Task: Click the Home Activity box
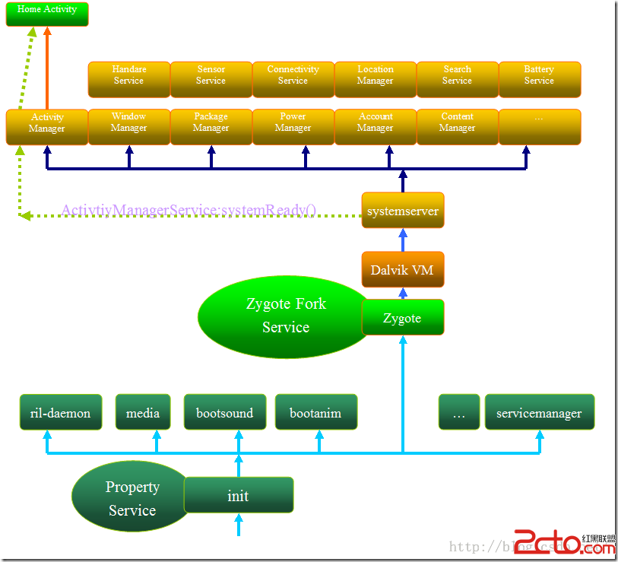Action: pos(47,14)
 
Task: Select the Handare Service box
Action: pos(128,79)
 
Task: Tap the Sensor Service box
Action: pos(211,79)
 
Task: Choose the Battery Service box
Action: pos(539,79)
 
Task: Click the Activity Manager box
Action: pos(47,127)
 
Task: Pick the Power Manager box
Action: pos(293,127)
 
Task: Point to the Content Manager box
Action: pos(457,127)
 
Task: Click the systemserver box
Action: pos(402,211)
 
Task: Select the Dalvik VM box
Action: pos(402,270)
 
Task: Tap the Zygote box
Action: pos(402,318)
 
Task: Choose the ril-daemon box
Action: pos(60,413)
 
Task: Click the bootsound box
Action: pos(225,413)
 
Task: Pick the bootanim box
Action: pos(315,413)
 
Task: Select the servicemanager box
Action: pos(539,413)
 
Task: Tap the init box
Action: pos(238,496)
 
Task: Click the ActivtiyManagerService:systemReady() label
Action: pos(189,210)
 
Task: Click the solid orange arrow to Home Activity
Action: pos(47,68)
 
